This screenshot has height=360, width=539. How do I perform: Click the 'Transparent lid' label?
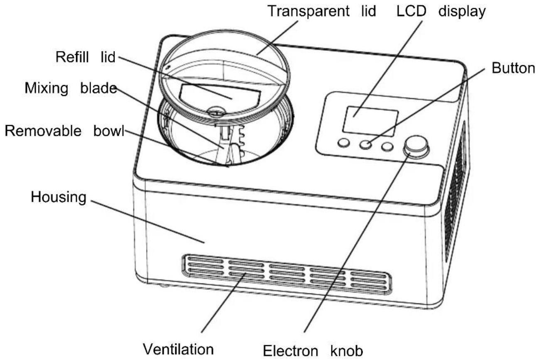coord(322,11)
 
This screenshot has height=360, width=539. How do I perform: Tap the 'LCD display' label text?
coord(441,12)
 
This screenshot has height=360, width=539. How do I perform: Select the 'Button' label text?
coord(513,68)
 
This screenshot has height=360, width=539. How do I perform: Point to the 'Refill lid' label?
coord(86,57)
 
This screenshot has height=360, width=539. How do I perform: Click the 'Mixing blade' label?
coord(71,88)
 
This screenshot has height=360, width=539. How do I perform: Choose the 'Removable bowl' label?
coord(64,131)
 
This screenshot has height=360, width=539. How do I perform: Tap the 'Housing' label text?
coord(59,197)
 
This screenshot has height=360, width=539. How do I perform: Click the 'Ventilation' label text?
coord(178,349)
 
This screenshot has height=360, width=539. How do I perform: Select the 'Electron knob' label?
coord(313,351)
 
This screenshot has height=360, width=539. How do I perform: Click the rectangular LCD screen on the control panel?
coord(370,122)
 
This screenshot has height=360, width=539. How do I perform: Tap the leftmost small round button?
coord(343,143)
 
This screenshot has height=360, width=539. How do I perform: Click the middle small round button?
coord(365,144)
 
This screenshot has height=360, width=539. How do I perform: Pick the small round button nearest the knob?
coord(387,147)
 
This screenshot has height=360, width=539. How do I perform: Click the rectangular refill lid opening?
coord(219,97)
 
